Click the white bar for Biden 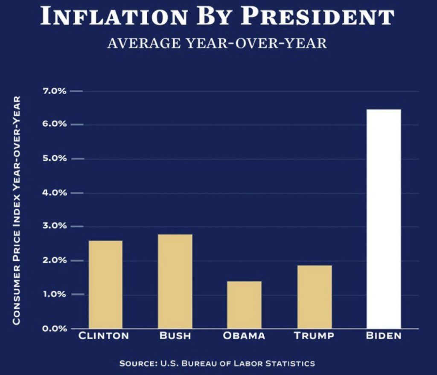[384, 219]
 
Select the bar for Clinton [105, 284]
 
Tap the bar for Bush [175, 281]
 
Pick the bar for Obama [244, 305]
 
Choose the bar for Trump [314, 297]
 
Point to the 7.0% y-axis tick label [54, 91]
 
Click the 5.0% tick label [54, 159]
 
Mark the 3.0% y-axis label [54, 226]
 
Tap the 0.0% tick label [54, 328]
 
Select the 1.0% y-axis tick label [54, 294]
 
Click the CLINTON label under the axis [104, 336]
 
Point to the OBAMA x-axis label [244, 336]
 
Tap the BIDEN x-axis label [384, 336]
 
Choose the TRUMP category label [314, 336]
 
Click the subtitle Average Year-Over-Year [217, 44]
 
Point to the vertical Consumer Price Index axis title [17, 210]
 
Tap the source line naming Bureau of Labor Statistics [217, 363]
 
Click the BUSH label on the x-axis [175, 336]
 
